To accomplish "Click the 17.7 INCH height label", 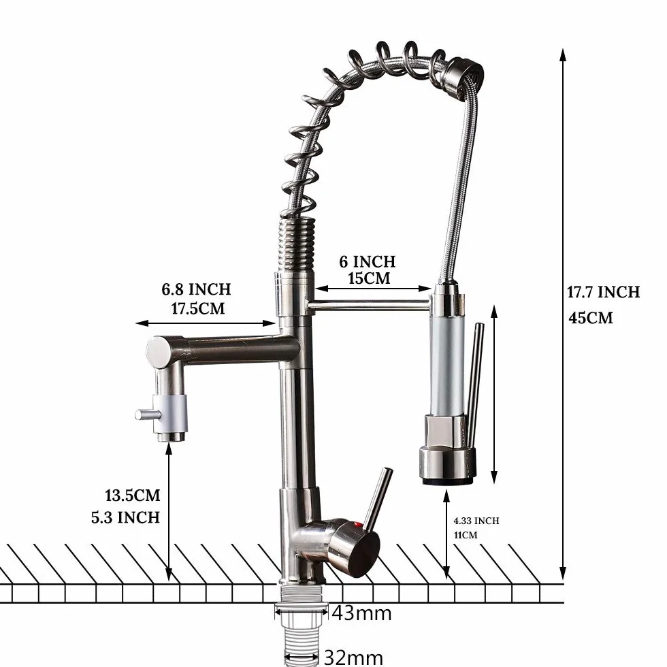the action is (603, 292).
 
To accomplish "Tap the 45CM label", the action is (591, 318).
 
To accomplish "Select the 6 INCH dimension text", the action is (367, 261).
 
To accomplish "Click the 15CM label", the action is (369, 278).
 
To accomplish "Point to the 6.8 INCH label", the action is (196, 289).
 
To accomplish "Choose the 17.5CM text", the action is (198, 308).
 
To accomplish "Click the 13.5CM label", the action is (132, 495).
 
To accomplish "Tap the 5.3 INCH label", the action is (125, 518).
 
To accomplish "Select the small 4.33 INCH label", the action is (476, 521).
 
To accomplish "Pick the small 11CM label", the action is (466, 535).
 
